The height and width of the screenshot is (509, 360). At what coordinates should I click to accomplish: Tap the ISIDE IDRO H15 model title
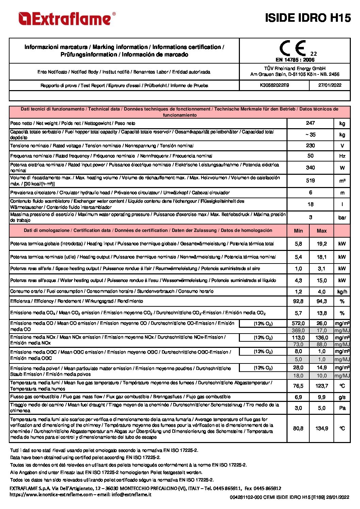pyautogui.click(x=308, y=18)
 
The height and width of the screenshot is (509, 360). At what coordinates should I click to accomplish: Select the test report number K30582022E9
pyautogui.click(x=274, y=85)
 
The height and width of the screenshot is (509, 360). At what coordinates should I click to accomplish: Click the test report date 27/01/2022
pyautogui.click(x=330, y=85)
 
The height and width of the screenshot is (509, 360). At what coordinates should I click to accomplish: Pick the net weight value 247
pyautogui.click(x=310, y=123)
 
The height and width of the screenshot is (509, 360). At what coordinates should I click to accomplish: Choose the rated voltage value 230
pyautogui.click(x=310, y=146)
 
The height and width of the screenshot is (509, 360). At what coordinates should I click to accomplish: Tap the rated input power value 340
pyautogui.click(x=310, y=168)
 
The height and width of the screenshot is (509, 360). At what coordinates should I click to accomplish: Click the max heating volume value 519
pyautogui.click(x=310, y=181)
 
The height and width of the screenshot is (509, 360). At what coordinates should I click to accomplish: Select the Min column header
pyautogui.click(x=298, y=231)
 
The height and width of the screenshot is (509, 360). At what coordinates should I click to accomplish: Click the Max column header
pyautogui.click(x=322, y=231)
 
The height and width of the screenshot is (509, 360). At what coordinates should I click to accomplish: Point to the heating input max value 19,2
pyautogui.click(x=322, y=244)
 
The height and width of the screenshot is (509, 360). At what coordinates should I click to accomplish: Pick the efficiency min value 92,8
pyautogui.click(x=298, y=301)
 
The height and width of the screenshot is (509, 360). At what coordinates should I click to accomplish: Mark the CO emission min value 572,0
pyautogui.click(x=298, y=323)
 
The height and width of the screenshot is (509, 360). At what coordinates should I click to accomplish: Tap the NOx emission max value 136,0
pyautogui.click(x=322, y=338)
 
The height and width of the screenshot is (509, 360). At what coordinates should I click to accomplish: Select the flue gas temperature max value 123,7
pyautogui.click(x=322, y=386)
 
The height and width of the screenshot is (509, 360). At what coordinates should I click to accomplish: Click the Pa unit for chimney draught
pyautogui.click(x=342, y=408)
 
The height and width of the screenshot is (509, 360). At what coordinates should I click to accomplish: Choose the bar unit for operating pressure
pyautogui.click(x=342, y=218)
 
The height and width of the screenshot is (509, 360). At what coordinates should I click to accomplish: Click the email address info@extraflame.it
pyautogui.click(x=131, y=494)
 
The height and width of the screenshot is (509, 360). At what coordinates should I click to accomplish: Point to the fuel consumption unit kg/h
pyautogui.click(x=342, y=292)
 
